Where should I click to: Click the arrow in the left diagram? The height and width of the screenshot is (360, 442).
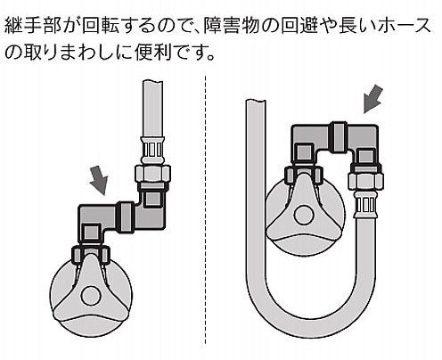(x=99, y=181)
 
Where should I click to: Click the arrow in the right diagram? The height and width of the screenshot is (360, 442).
(x=372, y=99)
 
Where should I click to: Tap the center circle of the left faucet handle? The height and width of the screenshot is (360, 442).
(x=90, y=296)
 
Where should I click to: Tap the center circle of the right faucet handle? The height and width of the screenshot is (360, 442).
(x=303, y=214)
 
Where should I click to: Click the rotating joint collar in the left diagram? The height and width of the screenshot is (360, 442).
(x=126, y=217)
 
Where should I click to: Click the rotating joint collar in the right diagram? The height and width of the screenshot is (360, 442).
(x=339, y=137)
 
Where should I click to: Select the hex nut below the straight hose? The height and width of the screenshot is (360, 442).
(x=152, y=174)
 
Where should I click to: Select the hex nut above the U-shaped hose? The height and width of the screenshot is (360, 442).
(x=365, y=181)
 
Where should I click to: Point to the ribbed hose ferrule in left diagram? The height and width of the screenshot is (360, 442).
(x=153, y=149)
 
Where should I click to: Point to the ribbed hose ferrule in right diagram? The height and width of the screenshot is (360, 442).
(x=365, y=205)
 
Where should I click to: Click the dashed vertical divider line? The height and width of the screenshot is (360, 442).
(x=205, y=209)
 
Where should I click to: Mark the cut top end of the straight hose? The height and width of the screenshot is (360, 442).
(x=152, y=82)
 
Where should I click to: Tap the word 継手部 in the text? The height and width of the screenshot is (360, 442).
(x=33, y=26)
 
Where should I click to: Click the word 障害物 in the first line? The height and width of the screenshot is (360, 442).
(x=232, y=26)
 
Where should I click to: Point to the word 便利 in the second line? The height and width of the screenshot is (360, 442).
(x=153, y=53)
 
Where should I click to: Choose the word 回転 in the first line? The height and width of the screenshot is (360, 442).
(x=101, y=26)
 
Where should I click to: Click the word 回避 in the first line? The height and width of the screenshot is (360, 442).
(x=299, y=26)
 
